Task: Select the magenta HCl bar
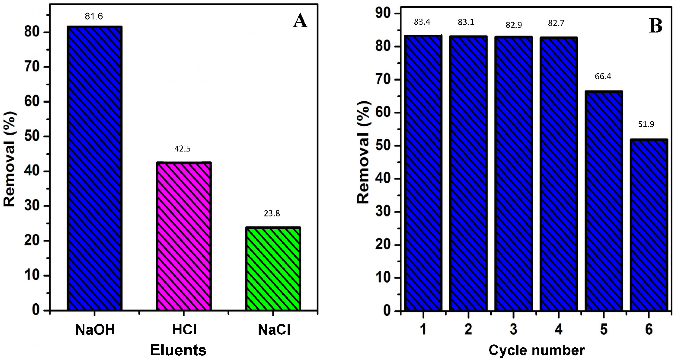[184, 236]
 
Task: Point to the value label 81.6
[94, 16]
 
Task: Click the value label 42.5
[183, 149]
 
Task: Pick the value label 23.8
[272, 214]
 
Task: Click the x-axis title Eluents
[178, 350]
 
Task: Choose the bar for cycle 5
[604, 201]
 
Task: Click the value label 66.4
[603, 77]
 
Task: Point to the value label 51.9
[646, 124]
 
